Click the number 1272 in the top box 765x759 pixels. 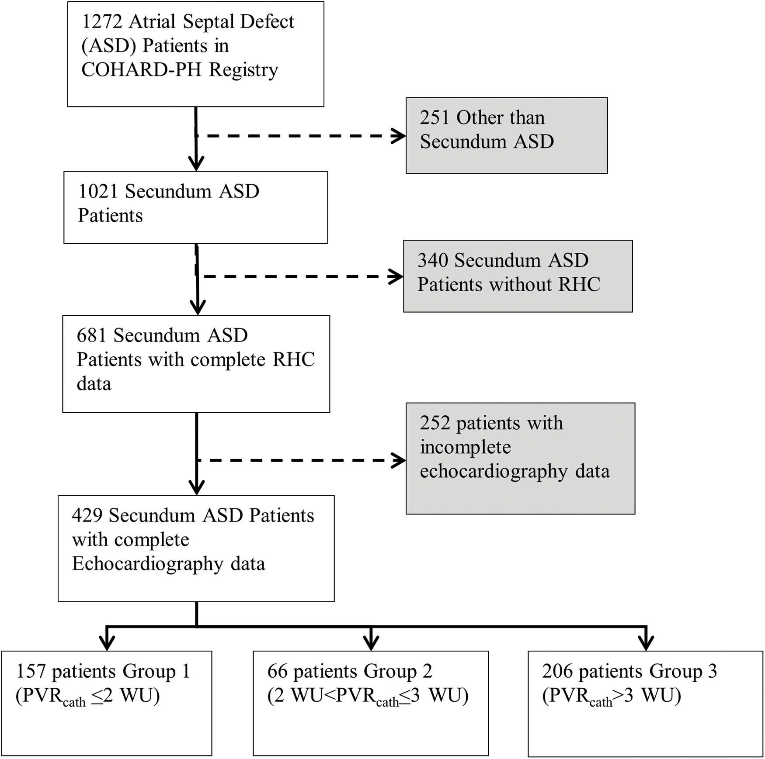102,22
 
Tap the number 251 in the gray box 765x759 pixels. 435,118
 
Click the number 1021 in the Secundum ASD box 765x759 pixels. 98,192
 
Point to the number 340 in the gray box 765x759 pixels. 432,261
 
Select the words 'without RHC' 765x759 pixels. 545,285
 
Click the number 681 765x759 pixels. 91,336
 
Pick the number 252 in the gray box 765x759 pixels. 435,423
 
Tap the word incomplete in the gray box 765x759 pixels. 465,448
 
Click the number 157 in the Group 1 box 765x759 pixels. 31,671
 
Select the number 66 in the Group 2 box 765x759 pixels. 277,671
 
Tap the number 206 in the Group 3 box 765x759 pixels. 556,671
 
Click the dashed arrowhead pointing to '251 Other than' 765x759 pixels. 399,136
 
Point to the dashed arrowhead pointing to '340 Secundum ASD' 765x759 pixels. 396,277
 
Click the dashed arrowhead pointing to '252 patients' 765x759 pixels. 399,460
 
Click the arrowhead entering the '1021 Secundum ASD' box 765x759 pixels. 196,164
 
